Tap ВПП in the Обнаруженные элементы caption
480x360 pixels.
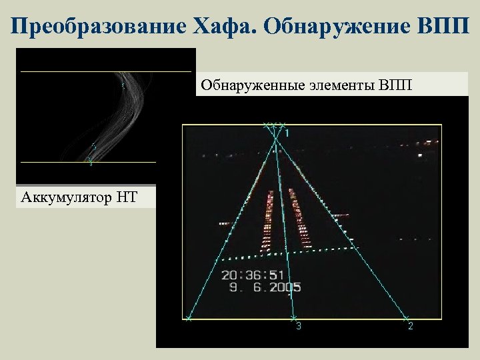[x=395, y=85]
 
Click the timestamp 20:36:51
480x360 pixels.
[x=253, y=275]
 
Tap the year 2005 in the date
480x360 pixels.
[x=285, y=287]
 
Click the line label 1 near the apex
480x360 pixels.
[x=287, y=134]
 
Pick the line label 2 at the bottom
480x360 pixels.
[x=410, y=326]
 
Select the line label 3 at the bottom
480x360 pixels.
[x=298, y=326]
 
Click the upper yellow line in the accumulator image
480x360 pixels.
[x=107, y=71]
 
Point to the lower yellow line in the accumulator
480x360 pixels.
[x=87, y=162]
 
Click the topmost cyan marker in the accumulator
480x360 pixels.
[x=123, y=85]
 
